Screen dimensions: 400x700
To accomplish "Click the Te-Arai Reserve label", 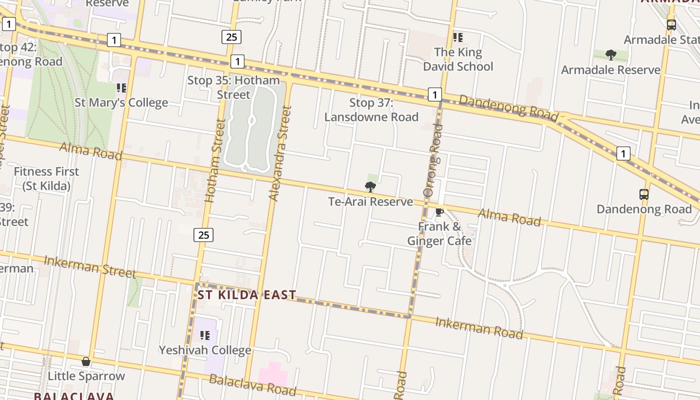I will pos(370,201).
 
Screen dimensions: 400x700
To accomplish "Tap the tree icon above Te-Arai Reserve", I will pos(370,187).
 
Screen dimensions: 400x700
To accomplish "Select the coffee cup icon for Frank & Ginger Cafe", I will pos(439,212).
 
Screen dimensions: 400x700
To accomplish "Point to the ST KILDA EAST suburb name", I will pos(247,295).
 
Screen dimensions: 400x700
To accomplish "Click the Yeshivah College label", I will pos(205,350).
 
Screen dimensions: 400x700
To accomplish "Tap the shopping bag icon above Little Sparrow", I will pos(86,361).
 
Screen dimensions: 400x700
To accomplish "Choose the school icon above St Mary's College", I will pos(121,88).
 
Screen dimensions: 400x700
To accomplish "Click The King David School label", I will pos(458,59).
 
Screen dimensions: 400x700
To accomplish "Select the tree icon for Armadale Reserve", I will pos(610,55).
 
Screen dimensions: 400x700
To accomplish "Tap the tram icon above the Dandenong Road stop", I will pos(644,194).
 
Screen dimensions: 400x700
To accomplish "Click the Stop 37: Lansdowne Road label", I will pos(371,110).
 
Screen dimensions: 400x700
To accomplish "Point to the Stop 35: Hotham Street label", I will pos(233,87).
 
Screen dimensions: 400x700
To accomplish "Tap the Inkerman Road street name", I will pos(479,327).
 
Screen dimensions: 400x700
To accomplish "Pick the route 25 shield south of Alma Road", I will pos(203,234).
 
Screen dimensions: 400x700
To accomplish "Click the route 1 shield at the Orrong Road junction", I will pos(435,94).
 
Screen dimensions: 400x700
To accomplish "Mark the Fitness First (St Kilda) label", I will pos(46,178).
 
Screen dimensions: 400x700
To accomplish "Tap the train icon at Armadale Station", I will pos(671,24).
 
